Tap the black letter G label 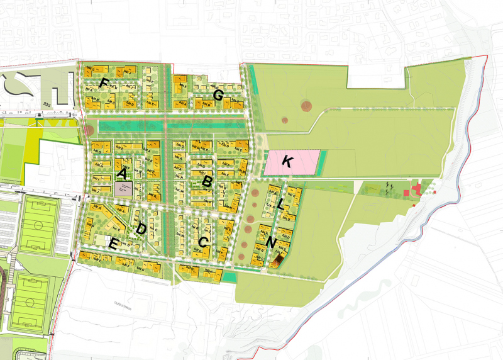(218, 96)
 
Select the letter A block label (123, 173)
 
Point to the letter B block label (206, 181)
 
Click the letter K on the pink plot (287, 162)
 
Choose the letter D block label (141, 228)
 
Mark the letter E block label (114, 245)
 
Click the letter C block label (202, 241)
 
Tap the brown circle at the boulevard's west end (89, 130)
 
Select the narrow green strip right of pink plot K (323, 162)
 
